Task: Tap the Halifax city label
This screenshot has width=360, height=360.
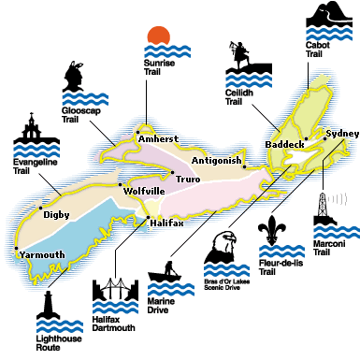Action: coord(169,223)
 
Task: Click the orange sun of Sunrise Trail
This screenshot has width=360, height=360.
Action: coord(159,36)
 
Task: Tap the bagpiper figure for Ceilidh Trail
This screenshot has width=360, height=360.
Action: coord(242,63)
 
